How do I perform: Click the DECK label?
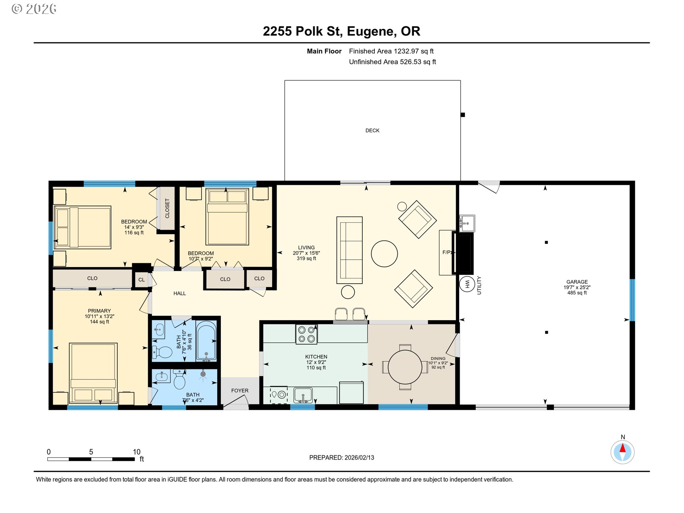372,130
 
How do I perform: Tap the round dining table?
405,367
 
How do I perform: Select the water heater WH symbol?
467,284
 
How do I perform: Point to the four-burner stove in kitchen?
306,334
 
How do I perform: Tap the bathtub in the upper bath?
206,341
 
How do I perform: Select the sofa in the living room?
349,250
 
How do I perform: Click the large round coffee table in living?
384,254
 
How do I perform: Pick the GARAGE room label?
577,282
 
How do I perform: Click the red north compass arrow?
622,448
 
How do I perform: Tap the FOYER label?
240,390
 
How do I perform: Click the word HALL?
180,293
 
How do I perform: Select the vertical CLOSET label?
167,208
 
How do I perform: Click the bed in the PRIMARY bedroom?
93,372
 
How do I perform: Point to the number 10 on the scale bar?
136,452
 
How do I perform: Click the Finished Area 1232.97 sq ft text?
391,51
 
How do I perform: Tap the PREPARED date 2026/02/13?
359,457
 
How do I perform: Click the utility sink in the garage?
467,223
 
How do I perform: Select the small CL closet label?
141,280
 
